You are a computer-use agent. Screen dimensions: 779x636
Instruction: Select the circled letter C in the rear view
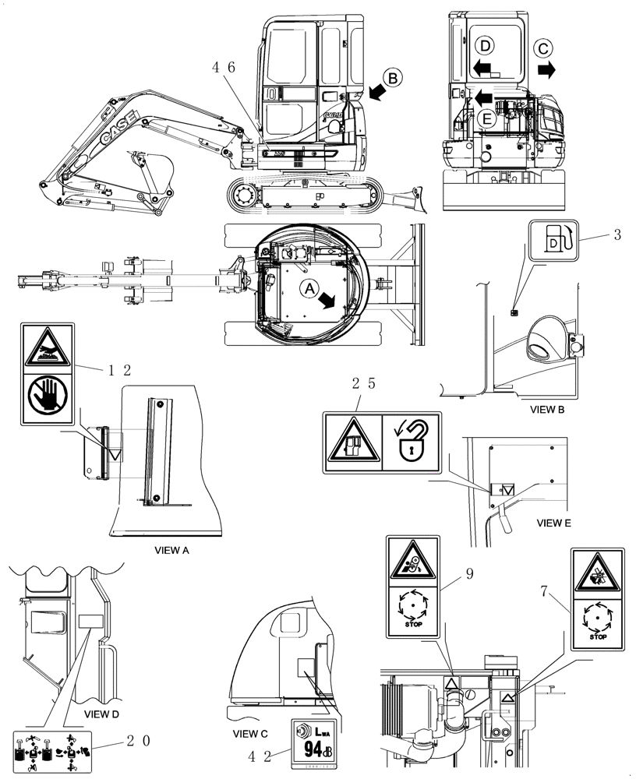[544, 49]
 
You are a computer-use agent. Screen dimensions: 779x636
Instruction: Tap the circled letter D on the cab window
[482, 44]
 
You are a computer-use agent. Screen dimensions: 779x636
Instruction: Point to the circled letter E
[486, 119]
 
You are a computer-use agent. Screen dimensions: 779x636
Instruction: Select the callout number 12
[120, 370]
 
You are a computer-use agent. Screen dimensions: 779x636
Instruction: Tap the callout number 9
[469, 575]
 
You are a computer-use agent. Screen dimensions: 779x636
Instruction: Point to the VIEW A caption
[173, 550]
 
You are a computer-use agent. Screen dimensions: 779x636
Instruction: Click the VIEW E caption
[554, 523]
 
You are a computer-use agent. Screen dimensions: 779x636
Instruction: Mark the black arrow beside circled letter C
[548, 70]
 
